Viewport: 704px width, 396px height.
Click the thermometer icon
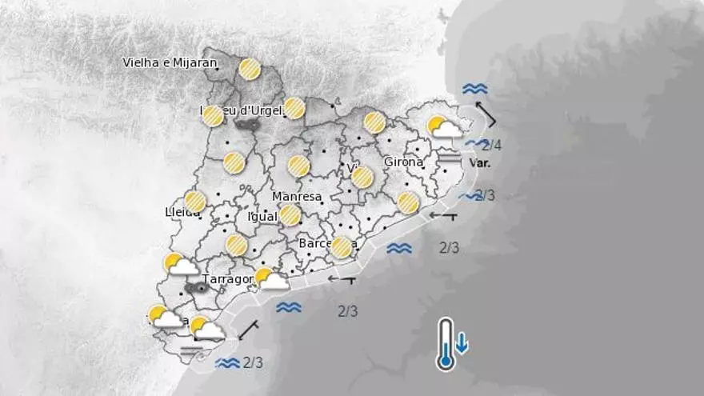[446, 344]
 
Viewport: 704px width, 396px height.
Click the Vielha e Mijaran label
[170, 62]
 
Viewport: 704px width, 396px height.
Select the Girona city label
[403, 162]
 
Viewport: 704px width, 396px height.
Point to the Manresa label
[297, 196]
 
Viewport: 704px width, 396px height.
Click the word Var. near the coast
[479, 163]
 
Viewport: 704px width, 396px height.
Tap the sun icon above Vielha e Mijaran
[250, 69]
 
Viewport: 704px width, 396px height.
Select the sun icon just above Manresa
[299, 166]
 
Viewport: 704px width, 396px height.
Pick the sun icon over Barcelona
[342, 248]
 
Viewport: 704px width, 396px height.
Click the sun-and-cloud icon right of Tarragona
[271, 279]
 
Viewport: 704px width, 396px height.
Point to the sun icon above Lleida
[195, 201]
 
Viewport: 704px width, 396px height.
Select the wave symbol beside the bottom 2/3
[228, 362]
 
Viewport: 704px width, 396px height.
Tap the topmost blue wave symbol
[474, 89]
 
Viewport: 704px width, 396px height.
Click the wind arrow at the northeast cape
[486, 114]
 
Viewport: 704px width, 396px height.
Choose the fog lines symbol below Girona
[450, 158]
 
